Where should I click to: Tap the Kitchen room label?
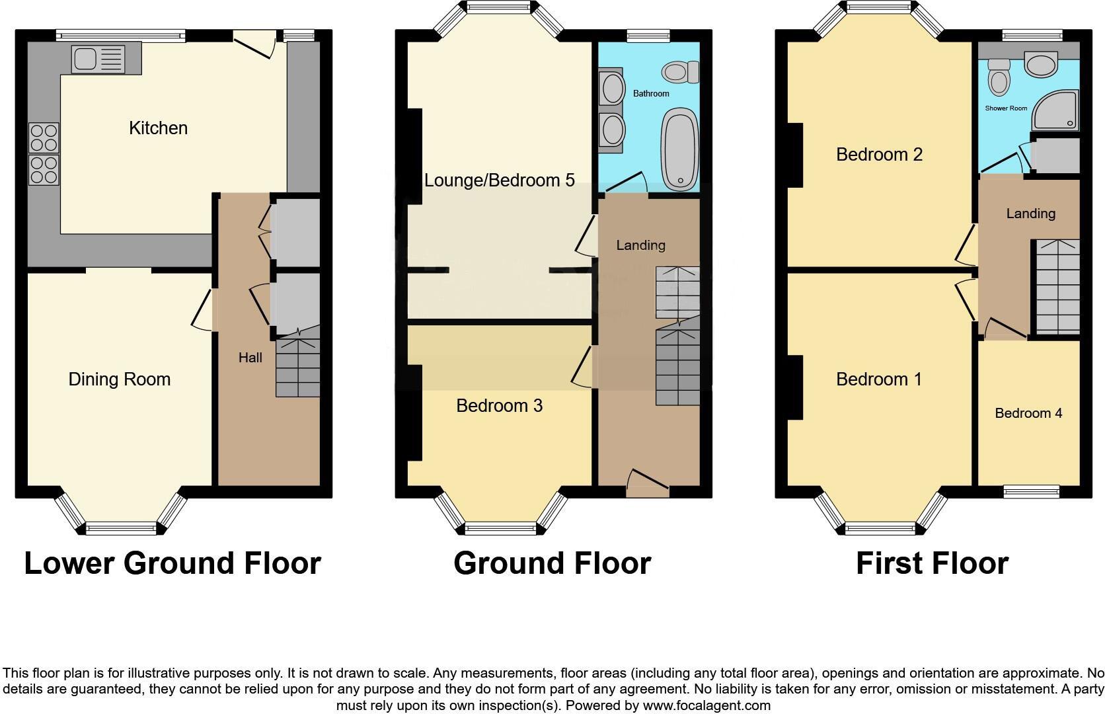click(x=158, y=128)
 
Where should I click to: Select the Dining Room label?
click(x=120, y=379)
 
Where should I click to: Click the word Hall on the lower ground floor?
click(x=250, y=358)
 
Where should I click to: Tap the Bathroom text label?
click(x=651, y=94)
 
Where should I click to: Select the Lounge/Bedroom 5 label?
click(x=499, y=180)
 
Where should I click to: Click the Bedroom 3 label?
click(x=499, y=406)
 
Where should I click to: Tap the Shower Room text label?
click(x=1006, y=108)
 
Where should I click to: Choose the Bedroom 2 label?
click(x=879, y=155)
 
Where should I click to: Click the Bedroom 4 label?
click(x=1028, y=414)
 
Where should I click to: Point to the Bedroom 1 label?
click(x=879, y=379)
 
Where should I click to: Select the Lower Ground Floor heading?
click(x=172, y=563)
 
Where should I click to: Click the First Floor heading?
click(x=932, y=563)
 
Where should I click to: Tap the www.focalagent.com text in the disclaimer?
click(x=706, y=705)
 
